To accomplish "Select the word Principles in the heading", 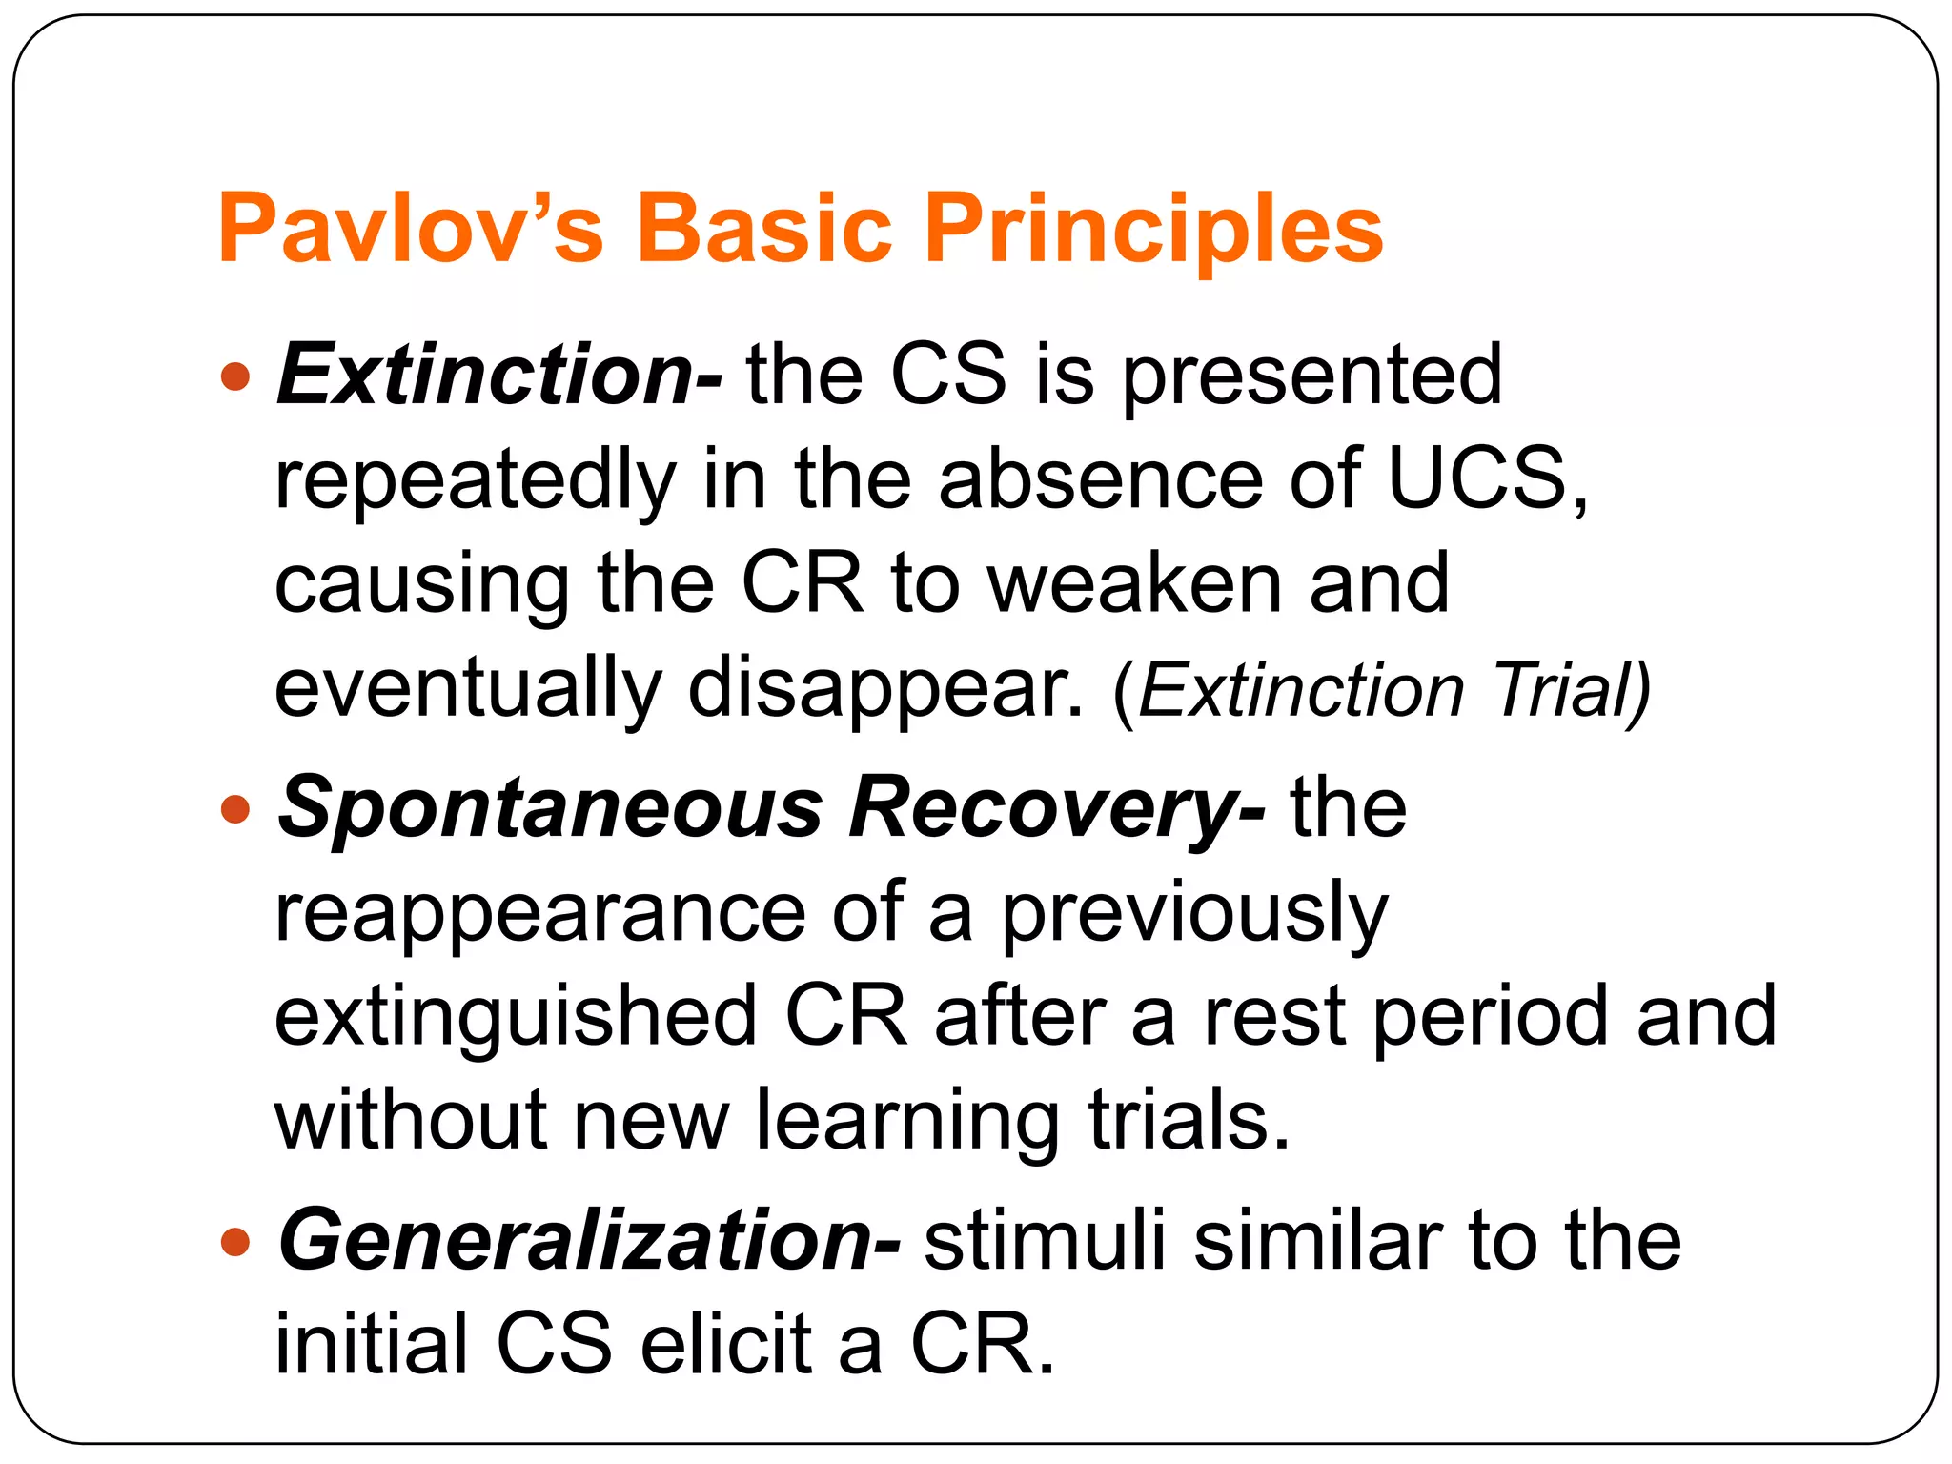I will click(x=1153, y=231).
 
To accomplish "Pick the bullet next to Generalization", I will click(x=234, y=1243).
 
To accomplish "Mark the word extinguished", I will click(x=515, y=1018).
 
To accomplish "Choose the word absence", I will click(x=1101, y=478).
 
